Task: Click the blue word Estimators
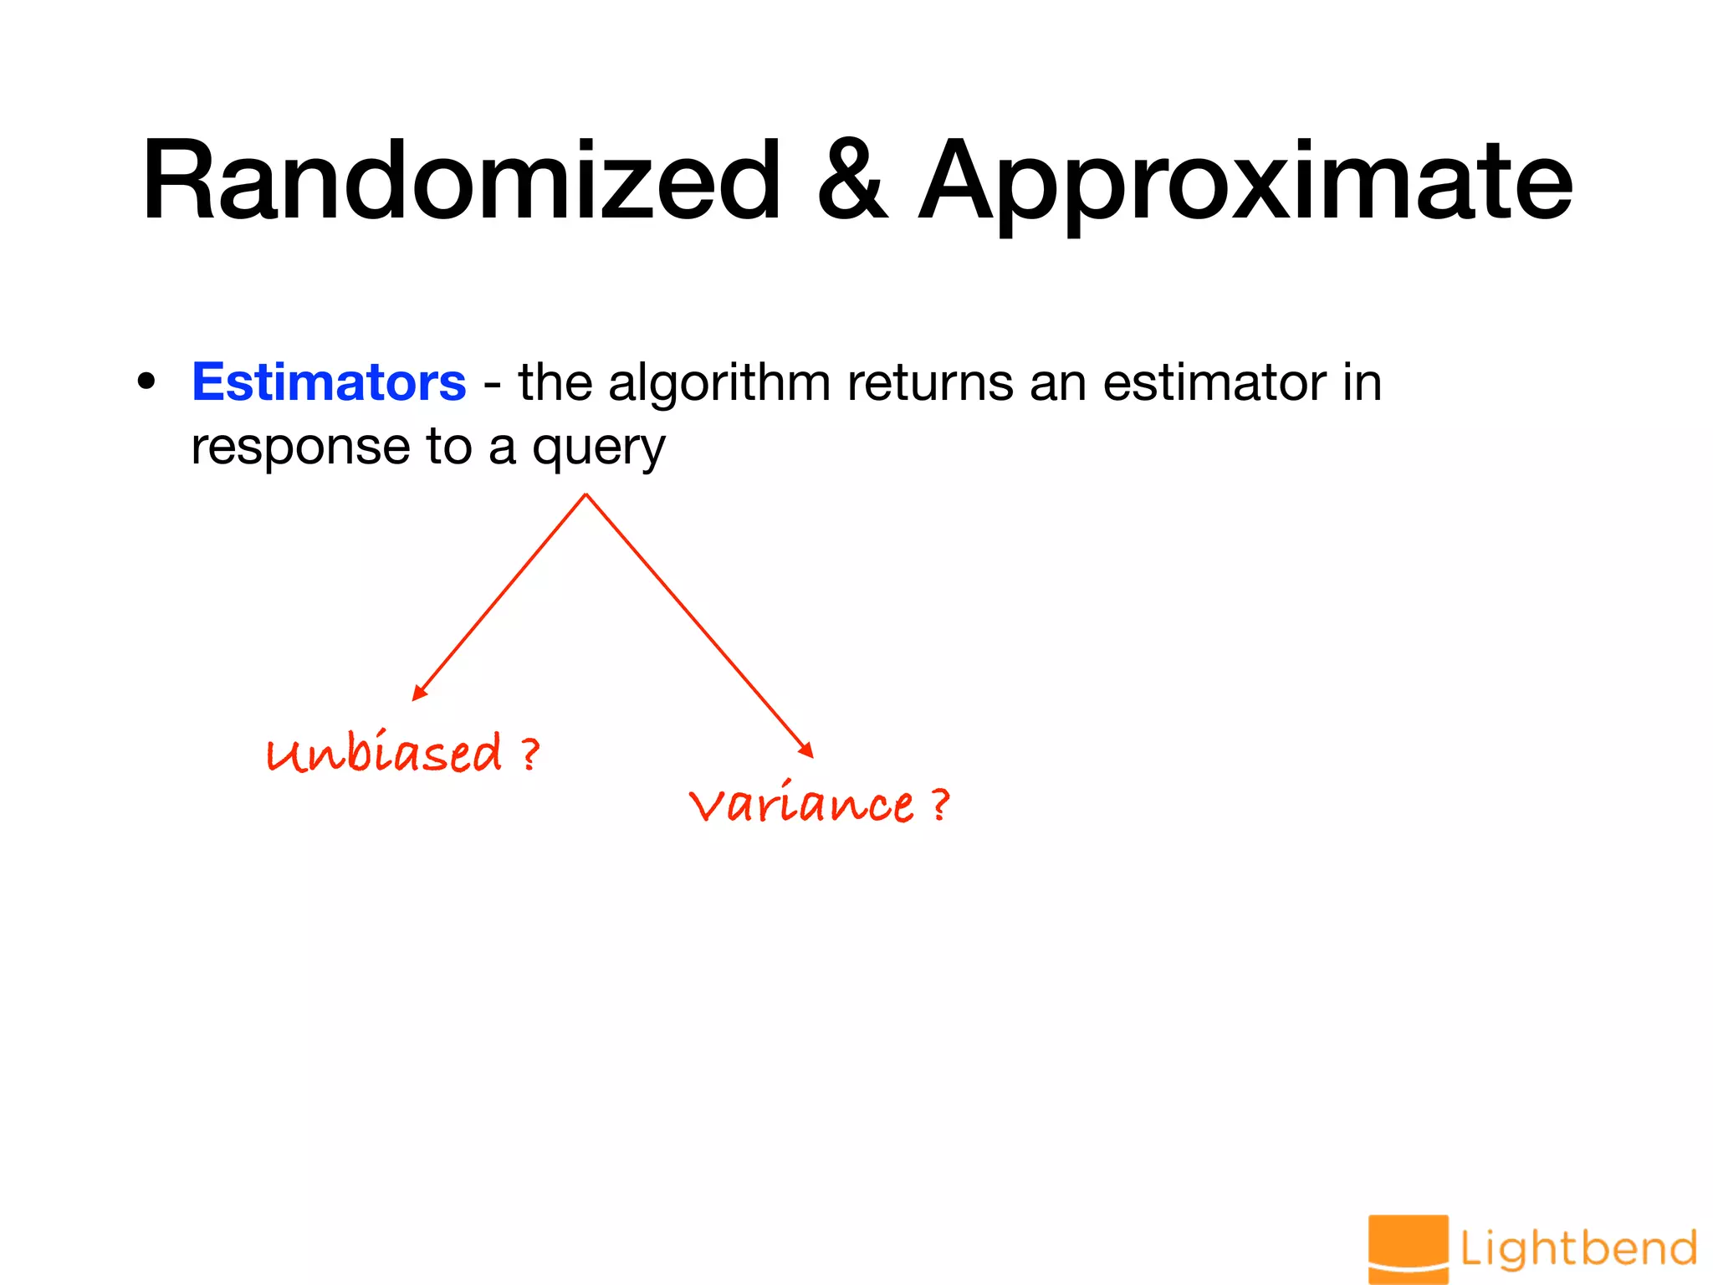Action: pos(329,382)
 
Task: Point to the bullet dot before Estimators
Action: pos(147,382)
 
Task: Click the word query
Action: pos(599,449)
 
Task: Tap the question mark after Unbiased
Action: pos(529,754)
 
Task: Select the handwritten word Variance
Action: pos(801,805)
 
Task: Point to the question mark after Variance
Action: pos(940,805)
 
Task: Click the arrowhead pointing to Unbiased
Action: pos(419,694)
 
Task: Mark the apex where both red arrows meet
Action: pos(586,494)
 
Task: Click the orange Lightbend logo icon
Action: pos(1408,1248)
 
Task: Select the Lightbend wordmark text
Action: pos(1578,1249)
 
